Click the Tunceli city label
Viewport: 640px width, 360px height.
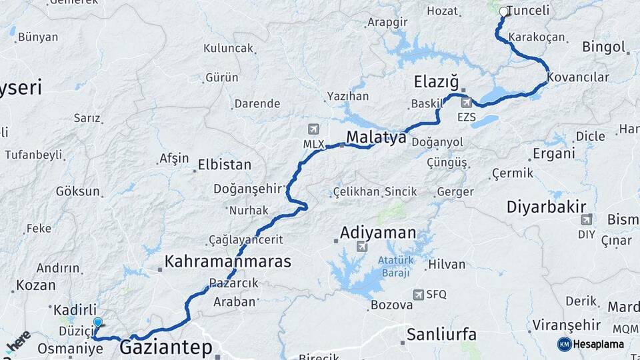point(528,11)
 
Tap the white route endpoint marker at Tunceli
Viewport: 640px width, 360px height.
point(503,11)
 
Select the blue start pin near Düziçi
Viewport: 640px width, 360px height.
point(98,323)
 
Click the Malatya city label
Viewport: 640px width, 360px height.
point(376,138)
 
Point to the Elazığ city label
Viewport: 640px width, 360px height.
point(437,82)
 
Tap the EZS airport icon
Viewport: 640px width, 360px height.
point(467,102)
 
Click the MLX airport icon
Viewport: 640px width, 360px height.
point(313,129)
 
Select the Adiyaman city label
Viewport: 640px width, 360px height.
point(377,233)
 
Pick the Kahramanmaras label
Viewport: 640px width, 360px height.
point(228,261)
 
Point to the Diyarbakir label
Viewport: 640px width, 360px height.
point(546,207)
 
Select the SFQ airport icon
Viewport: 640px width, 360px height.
point(418,294)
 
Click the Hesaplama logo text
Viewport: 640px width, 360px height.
point(598,344)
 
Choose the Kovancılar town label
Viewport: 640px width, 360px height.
point(578,77)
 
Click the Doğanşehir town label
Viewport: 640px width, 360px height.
point(249,189)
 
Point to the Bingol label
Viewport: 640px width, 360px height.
point(604,47)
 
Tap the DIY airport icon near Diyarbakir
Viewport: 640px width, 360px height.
point(587,219)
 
